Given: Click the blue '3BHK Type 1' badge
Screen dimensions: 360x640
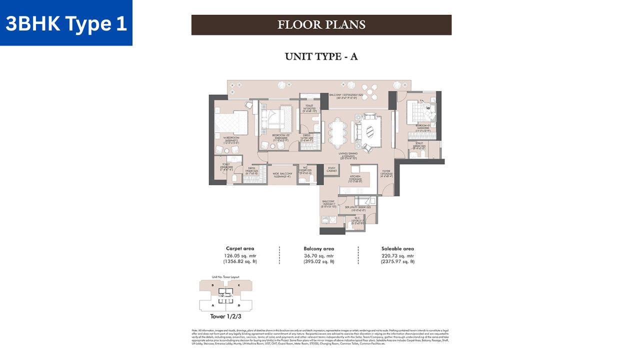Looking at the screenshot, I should tap(66, 23).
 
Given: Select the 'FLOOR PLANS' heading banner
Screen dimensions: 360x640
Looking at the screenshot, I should tap(321, 24).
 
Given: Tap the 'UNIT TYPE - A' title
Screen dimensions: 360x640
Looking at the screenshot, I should tap(321, 56).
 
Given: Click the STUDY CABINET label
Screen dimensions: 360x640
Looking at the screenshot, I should tap(330, 169).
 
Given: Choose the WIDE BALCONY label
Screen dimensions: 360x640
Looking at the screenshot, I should tap(282, 175).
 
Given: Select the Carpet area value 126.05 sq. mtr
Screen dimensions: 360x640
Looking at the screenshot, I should tap(240, 255).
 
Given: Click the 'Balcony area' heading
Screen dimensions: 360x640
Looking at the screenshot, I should tap(318, 248).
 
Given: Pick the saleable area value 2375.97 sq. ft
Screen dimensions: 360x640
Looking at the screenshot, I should tap(397, 261).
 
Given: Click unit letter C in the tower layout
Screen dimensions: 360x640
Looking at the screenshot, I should tap(239, 285).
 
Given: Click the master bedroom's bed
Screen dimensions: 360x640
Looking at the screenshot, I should tap(231, 121).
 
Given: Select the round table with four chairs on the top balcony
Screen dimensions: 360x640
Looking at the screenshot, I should tap(369, 90).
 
